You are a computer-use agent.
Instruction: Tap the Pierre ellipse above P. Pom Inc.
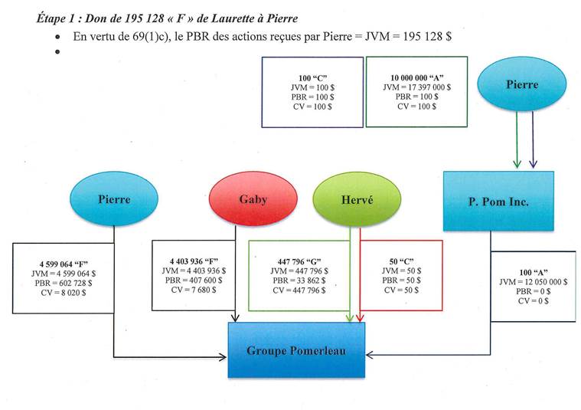click(521, 85)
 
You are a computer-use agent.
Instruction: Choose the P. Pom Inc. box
click(498, 200)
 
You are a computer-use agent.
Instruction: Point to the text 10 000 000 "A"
click(417, 78)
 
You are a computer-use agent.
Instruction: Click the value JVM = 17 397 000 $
click(417, 88)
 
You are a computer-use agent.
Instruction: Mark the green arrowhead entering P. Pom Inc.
click(517, 164)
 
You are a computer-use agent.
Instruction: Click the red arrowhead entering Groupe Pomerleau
click(360, 317)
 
